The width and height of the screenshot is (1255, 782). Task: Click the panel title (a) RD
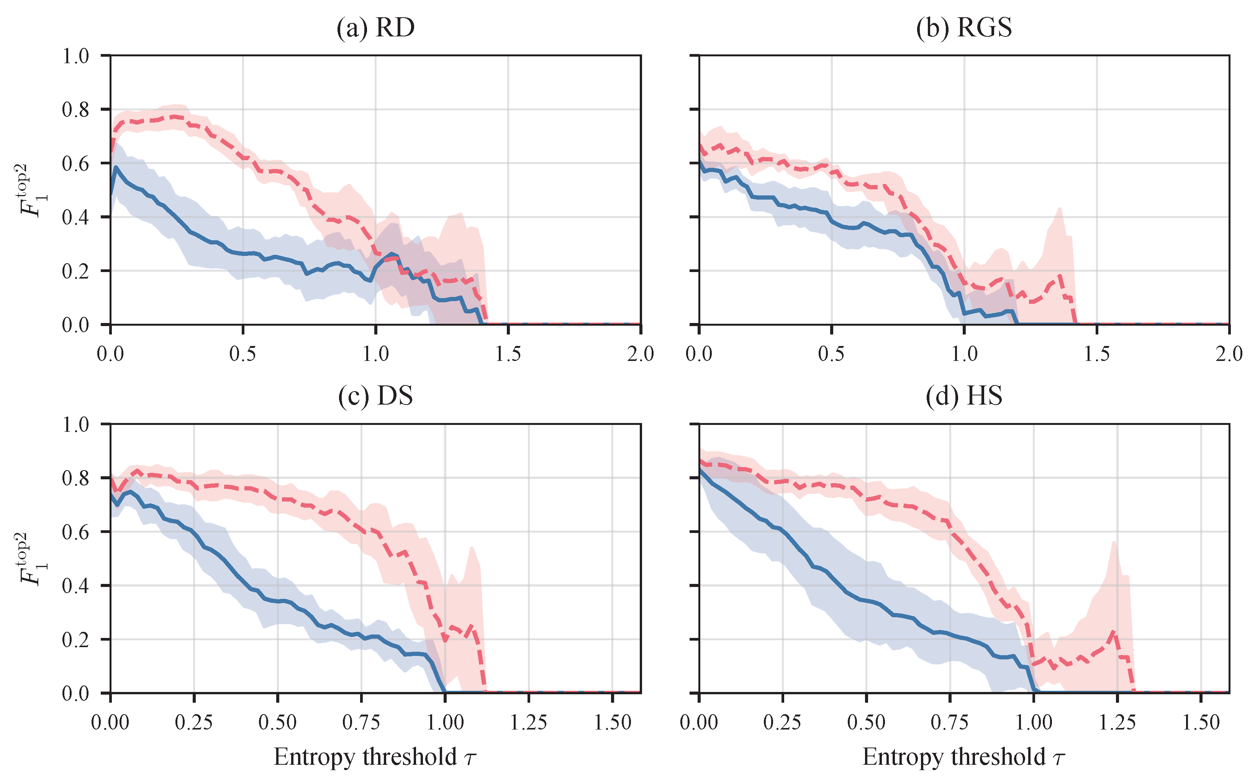click(x=375, y=28)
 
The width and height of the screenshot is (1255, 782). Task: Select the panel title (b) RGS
click(x=964, y=28)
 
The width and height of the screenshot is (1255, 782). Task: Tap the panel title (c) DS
click(x=375, y=396)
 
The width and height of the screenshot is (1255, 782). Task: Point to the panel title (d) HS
click(x=964, y=396)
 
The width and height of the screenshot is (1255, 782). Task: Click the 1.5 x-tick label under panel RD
click(x=508, y=354)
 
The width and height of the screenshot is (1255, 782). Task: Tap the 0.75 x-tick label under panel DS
click(x=361, y=723)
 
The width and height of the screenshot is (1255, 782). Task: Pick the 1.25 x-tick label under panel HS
click(x=1117, y=723)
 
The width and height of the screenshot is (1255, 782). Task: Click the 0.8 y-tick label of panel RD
click(x=75, y=110)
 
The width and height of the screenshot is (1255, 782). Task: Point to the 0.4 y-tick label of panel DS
click(x=75, y=585)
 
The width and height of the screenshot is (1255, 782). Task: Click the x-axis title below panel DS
click(x=375, y=757)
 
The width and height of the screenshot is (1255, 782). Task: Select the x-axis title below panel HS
click(x=964, y=757)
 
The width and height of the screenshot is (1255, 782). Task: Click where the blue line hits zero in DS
click(x=445, y=692)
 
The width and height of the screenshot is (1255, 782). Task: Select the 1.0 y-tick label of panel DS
click(x=75, y=424)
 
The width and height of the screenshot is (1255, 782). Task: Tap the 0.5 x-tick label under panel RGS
click(x=832, y=354)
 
